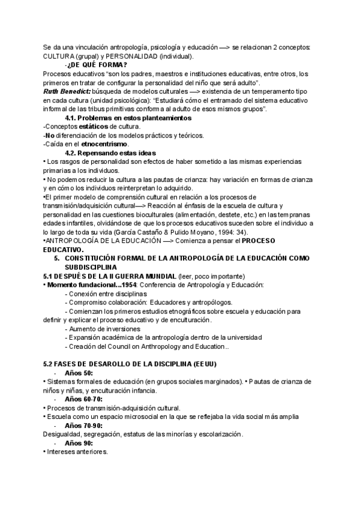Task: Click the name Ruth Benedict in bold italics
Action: point(67,91)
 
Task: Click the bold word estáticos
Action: point(98,126)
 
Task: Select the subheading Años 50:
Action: point(83,373)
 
